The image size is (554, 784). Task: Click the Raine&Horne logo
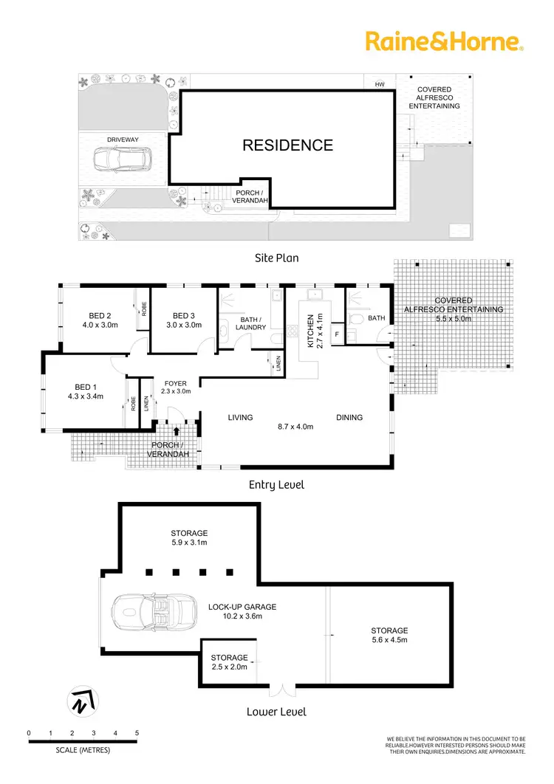[444, 41]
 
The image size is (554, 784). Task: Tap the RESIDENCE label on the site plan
[288, 145]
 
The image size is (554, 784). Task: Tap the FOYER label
[176, 382]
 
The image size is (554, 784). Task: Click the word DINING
[349, 417]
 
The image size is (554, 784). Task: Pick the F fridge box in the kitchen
[337, 334]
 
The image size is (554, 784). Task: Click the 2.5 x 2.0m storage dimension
[229, 667]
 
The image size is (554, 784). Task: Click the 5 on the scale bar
[137, 732]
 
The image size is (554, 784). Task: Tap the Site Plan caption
[276, 258]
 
